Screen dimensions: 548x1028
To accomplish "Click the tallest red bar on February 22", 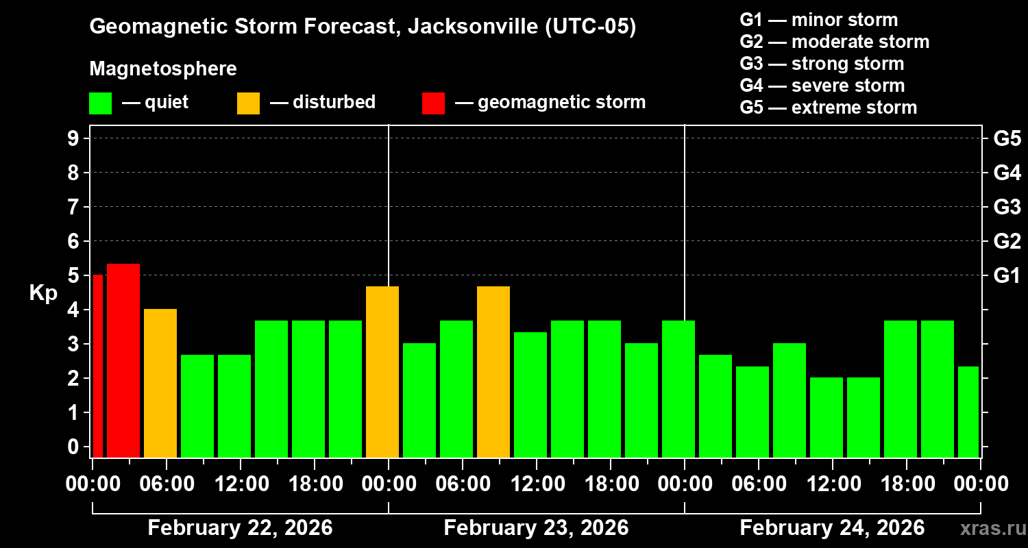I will (x=123, y=360).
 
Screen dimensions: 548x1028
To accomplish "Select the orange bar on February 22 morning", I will (x=160, y=383).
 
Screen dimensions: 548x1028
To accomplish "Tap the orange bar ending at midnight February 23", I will (x=382, y=371).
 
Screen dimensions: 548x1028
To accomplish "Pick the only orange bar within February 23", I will (x=493, y=371).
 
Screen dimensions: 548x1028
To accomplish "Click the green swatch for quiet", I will (x=100, y=103).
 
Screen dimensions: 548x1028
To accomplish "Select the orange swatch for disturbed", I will (x=248, y=103).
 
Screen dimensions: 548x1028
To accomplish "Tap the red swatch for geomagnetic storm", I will (x=433, y=103).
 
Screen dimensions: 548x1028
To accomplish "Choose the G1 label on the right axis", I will (x=1007, y=276).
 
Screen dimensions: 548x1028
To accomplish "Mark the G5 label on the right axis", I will (x=1007, y=138).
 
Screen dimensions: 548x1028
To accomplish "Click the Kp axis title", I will (x=42, y=293).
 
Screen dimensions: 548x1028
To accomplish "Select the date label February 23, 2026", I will (x=536, y=528).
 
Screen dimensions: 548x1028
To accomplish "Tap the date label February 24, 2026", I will (x=832, y=528).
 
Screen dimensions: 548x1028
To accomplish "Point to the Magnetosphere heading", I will (x=163, y=69).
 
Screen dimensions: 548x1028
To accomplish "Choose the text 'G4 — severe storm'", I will (x=822, y=86).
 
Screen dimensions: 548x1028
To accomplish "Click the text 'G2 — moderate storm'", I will (x=834, y=42).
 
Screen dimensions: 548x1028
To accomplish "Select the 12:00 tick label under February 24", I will (x=832, y=484).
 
